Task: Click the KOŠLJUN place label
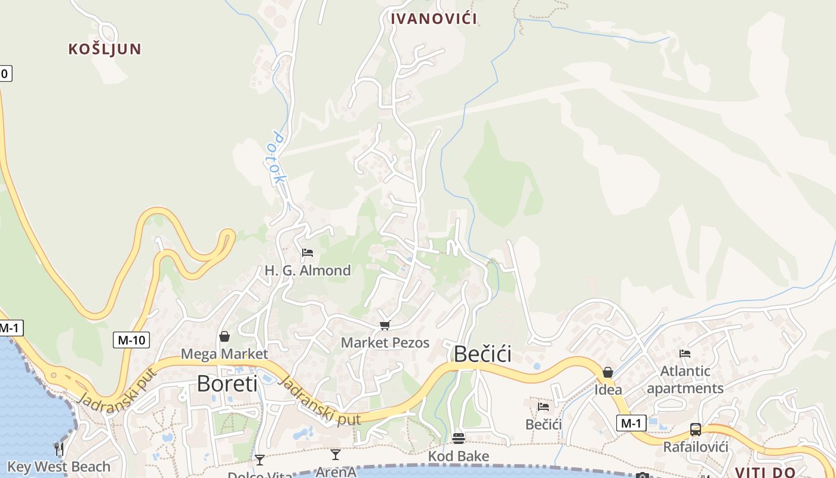[105, 49]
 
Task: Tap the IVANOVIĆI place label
[434, 19]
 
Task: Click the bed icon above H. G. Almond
[308, 253]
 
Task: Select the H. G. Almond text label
[308, 271]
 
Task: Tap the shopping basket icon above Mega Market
[225, 337]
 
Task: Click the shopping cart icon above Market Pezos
[385, 326]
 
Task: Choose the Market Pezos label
[385, 343]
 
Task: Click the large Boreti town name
[227, 384]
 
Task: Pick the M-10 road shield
[131, 341]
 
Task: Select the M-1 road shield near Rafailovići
[631, 424]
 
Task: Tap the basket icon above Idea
[608, 373]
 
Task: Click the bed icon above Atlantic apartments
[685, 354]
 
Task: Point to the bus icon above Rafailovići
[696, 430]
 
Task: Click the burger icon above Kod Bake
[459, 439]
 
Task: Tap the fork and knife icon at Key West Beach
[59, 449]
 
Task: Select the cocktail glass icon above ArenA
[336, 455]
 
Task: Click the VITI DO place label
[765, 472]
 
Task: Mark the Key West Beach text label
[59, 467]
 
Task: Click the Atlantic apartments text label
[685, 380]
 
